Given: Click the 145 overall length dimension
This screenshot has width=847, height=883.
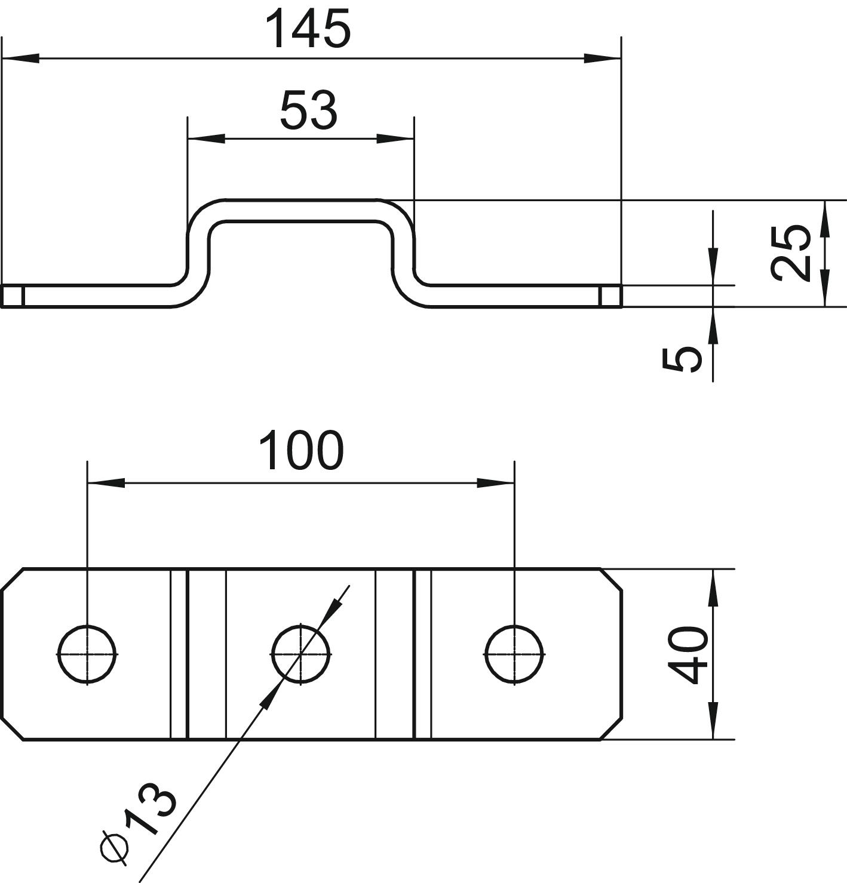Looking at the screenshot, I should click(x=308, y=29).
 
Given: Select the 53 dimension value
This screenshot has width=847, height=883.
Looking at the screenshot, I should click(x=308, y=110).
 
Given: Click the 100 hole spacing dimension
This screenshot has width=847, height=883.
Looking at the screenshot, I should click(x=302, y=451).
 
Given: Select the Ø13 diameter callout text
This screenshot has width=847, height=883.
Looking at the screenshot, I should click(x=139, y=823).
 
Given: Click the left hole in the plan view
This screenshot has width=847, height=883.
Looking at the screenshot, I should click(x=88, y=654).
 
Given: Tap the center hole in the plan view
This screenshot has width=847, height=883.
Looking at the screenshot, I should click(x=300, y=654).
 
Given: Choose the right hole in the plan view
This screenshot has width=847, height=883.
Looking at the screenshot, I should click(x=514, y=654).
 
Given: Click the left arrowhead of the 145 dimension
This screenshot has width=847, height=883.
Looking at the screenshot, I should click(x=21, y=59).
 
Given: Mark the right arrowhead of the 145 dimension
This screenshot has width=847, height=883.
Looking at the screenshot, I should click(x=602, y=59).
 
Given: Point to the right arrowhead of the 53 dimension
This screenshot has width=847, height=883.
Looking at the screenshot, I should click(x=395, y=139).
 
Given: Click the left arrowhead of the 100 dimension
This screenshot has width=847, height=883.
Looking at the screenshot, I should click(x=106, y=482).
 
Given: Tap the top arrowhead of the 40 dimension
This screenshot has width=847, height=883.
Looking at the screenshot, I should click(x=713, y=587).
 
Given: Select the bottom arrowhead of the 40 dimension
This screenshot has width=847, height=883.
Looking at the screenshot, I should click(x=713, y=721).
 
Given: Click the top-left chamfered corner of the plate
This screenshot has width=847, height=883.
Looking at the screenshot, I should click(x=13, y=580).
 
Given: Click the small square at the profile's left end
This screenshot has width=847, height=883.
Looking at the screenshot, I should click(x=13, y=296).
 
